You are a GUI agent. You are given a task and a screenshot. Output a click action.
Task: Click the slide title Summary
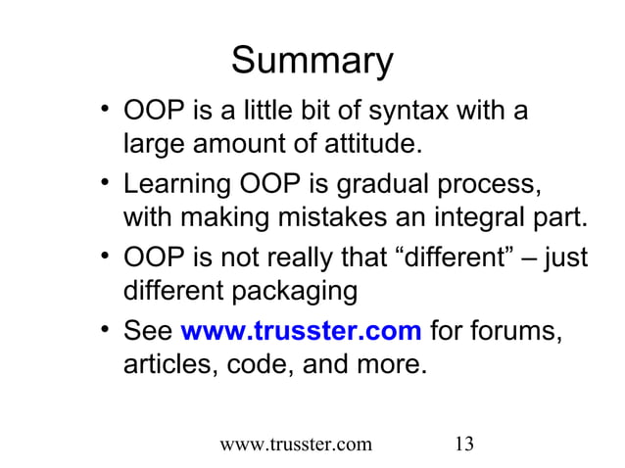coord(312,62)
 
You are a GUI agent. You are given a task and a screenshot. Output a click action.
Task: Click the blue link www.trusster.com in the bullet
coord(302,332)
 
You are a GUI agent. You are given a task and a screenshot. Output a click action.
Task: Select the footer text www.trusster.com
coord(296,444)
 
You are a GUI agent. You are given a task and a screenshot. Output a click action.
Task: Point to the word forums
coord(520,332)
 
